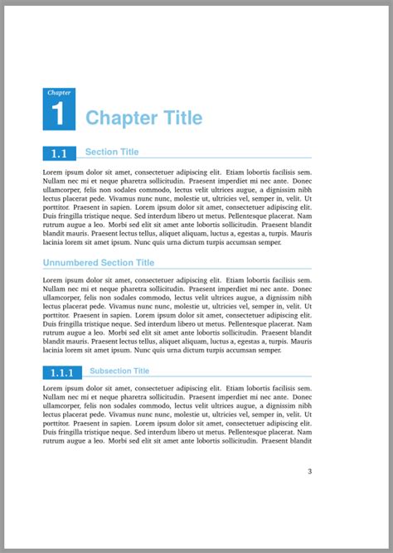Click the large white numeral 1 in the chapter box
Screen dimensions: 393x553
pyautogui.click(x=58, y=114)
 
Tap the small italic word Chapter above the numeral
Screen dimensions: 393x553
pyautogui.click(x=59, y=92)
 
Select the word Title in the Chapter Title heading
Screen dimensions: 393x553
pyautogui.click(x=176, y=118)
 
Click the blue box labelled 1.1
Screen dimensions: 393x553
pyautogui.click(x=60, y=153)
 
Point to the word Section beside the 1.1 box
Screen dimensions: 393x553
pyautogui.click(x=101, y=152)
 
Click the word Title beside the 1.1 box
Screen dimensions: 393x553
pyautogui.click(x=129, y=152)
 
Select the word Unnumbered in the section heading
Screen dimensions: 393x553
pyautogui.click(x=70, y=263)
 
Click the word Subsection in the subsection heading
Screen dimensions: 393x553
pyautogui.click(x=111, y=371)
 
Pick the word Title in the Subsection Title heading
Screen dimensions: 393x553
pyautogui.click(x=142, y=371)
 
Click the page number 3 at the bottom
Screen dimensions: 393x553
pyautogui.click(x=309, y=472)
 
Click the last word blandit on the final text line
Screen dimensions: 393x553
pyautogui.click(x=298, y=441)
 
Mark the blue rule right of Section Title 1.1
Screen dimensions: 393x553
pyautogui.click(x=232, y=157)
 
